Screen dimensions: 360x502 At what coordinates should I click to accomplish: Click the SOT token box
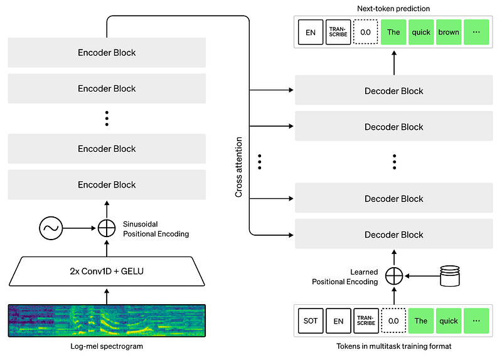pyautogui.click(x=310, y=321)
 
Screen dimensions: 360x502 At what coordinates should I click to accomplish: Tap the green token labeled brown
pyautogui.click(x=449, y=32)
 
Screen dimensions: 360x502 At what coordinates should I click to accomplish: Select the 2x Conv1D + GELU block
pyautogui.click(x=107, y=272)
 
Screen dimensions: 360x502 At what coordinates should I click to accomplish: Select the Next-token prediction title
pyautogui.click(x=394, y=9)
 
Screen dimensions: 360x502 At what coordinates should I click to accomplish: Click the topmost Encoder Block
pyautogui.click(x=107, y=53)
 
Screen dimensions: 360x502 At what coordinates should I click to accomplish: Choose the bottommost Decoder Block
pyautogui.click(x=394, y=235)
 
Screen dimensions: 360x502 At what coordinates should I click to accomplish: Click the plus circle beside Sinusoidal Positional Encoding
pyautogui.click(x=107, y=228)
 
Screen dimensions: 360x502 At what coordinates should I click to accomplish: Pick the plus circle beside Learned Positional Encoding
pyautogui.click(x=394, y=275)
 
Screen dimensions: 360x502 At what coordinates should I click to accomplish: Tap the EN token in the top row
pyautogui.click(x=310, y=32)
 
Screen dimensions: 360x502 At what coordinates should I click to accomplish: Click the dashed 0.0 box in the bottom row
pyautogui.click(x=393, y=321)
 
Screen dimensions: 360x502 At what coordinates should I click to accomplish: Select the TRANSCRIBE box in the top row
pyautogui.click(x=338, y=32)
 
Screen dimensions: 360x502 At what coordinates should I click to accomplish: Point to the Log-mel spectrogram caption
pyautogui.click(x=107, y=347)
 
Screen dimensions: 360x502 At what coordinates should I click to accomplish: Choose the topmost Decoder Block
pyautogui.click(x=394, y=91)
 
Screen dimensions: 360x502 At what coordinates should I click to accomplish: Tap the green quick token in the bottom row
pyautogui.click(x=449, y=321)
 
